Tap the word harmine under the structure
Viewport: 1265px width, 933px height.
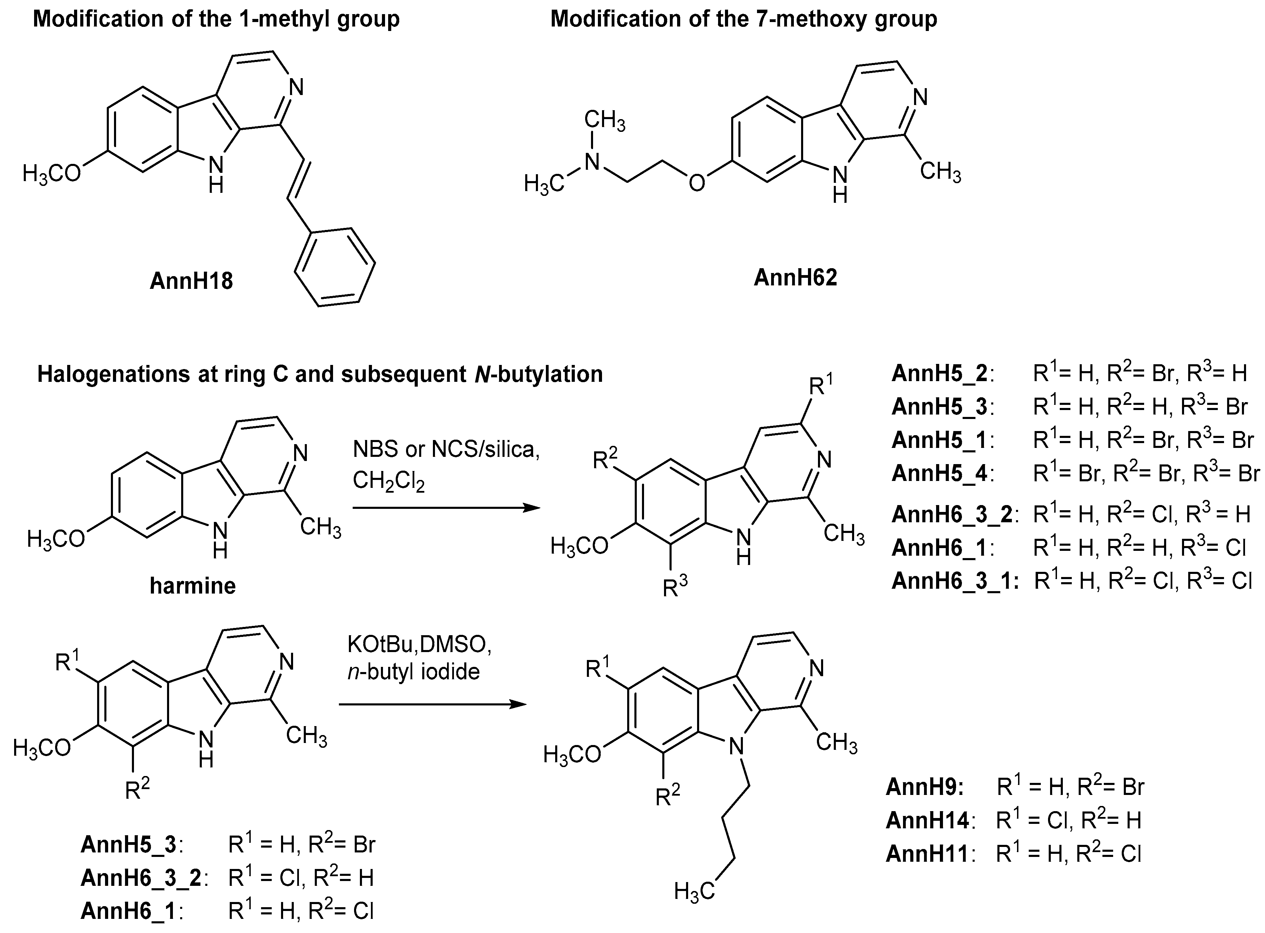point(193,586)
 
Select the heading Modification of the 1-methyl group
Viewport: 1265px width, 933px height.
point(216,19)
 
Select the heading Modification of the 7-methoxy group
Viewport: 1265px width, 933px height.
point(744,19)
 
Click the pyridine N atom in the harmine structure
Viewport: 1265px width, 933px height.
point(301,453)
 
